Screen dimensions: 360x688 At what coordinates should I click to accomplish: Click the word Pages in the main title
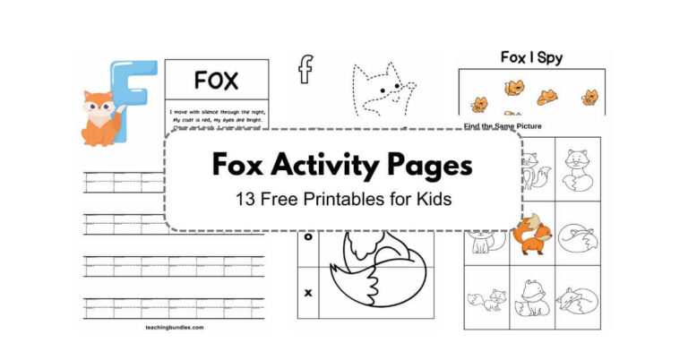click(435, 166)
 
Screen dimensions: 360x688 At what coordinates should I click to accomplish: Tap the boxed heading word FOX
click(216, 81)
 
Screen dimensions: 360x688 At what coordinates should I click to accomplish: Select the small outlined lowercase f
click(306, 70)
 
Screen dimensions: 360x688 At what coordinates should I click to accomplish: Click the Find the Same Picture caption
click(503, 126)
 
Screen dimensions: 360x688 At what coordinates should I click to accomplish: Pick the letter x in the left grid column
click(309, 292)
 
